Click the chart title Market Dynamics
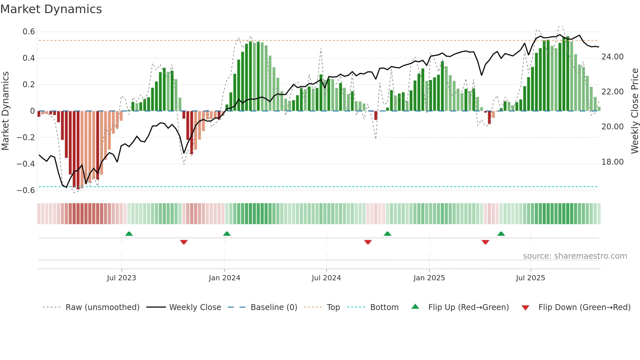(51, 9)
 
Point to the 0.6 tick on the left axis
(29, 32)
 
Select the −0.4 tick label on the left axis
(26, 164)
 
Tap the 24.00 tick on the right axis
(612, 57)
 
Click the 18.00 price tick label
(612, 162)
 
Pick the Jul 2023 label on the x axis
(121, 278)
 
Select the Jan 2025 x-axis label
(429, 278)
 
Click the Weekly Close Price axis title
(634, 111)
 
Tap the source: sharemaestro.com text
(575, 256)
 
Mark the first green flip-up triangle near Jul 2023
(129, 234)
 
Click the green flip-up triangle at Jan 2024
(227, 234)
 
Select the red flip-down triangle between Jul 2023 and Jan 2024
(184, 242)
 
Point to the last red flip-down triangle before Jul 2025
(486, 242)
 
